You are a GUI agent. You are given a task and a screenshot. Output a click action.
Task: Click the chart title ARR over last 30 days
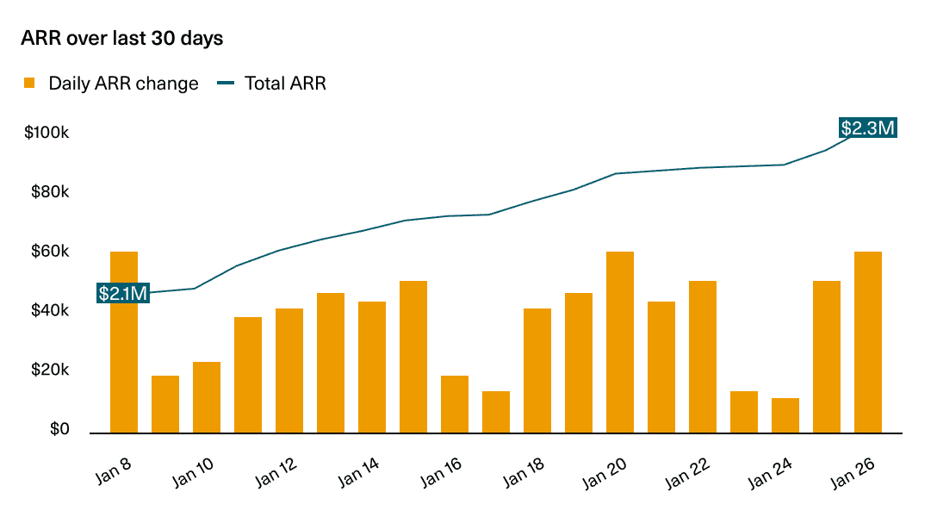click(121, 39)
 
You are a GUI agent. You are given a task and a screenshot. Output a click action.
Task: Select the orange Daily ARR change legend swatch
click(29, 84)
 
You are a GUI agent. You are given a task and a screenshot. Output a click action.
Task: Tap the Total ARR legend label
click(285, 84)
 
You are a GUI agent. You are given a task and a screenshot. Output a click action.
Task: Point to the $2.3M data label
click(868, 128)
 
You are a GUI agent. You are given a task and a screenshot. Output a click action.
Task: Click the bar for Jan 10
click(207, 397)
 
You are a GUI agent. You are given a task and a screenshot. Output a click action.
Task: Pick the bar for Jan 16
click(455, 404)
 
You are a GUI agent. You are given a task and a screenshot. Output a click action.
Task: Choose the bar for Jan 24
click(785, 415)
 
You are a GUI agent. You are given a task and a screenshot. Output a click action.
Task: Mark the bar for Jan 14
click(372, 367)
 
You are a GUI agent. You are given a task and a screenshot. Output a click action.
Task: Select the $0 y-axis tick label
click(59, 429)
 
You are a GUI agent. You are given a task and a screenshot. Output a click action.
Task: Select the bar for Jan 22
click(703, 357)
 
